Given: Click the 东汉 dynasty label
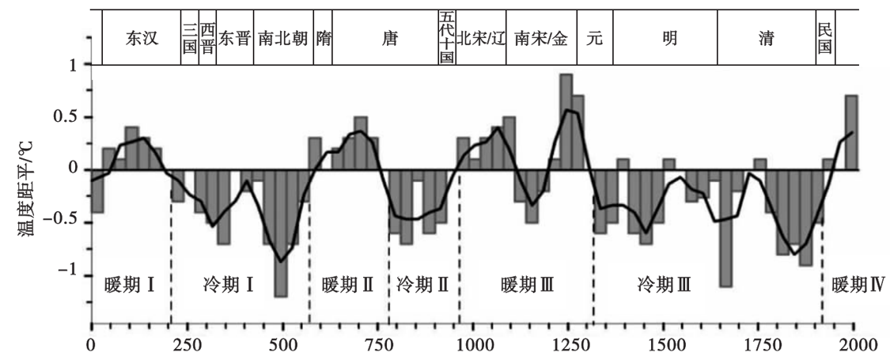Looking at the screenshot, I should (x=142, y=39).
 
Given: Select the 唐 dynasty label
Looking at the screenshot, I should (x=390, y=39).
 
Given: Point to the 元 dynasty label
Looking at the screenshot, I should (x=595, y=39).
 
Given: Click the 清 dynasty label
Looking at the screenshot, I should (x=766, y=39).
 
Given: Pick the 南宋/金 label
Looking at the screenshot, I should (x=540, y=39).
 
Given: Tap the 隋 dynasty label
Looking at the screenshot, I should (x=324, y=39).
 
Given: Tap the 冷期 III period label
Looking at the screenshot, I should (x=664, y=284).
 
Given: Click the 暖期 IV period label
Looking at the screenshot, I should (x=858, y=284).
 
